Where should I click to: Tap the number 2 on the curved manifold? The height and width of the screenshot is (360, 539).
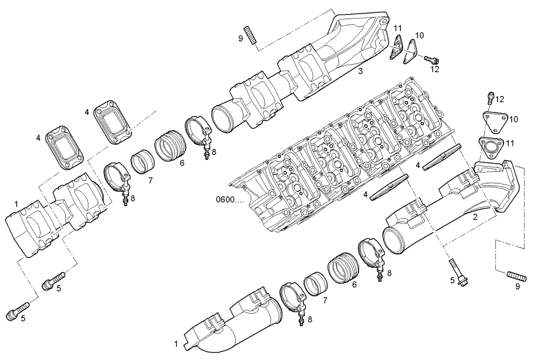(x=474, y=217)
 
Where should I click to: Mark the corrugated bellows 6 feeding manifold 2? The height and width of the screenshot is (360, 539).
(x=342, y=267)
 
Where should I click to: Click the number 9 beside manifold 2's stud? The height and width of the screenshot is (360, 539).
(x=517, y=287)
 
